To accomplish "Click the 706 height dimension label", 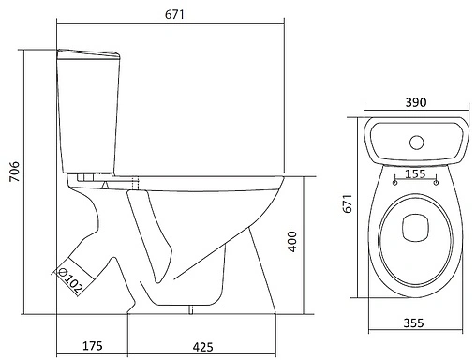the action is (15, 172).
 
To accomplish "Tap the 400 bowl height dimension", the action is (292, 242).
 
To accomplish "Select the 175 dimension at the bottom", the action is (92, 346).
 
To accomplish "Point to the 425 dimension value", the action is (203, 347).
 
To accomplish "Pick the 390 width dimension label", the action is (416, 102).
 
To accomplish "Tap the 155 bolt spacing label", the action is (415, 173).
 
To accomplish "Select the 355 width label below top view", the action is (413, 322).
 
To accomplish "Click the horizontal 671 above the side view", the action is (174, 14).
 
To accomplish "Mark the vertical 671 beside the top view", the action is (348, 203).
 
